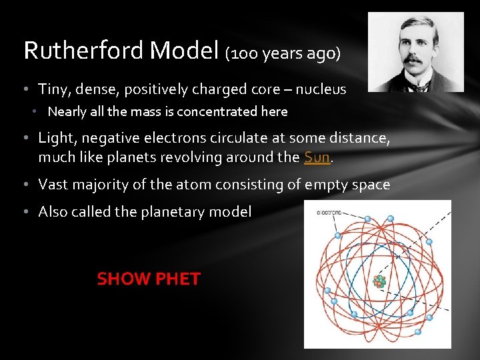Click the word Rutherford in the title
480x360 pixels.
[83, 50]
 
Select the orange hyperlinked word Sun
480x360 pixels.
[316, 157]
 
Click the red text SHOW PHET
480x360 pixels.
[148, 279]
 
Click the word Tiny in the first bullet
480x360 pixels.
[53, 89]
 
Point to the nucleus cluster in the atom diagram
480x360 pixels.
[379, 281]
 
